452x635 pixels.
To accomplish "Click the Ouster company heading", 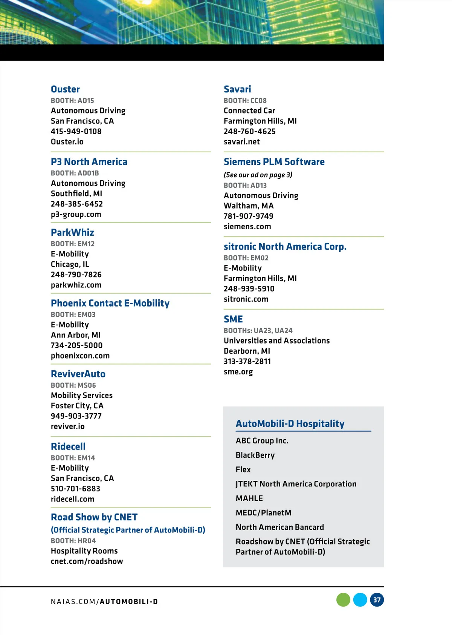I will [x=65, y=89].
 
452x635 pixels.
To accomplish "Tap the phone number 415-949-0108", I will [x=76, y=131].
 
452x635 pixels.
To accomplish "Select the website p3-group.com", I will [x=76, y=214].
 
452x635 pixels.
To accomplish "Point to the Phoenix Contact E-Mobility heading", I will [x=110, y=303].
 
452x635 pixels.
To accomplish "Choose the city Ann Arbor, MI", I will [x=76, y=335].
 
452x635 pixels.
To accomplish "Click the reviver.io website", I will [x=68, y=426].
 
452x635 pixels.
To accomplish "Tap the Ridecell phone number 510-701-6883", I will [x=75, y=489].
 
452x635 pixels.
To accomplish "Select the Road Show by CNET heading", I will [x=94, y=517].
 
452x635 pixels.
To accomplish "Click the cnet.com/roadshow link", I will [x=87, y=561].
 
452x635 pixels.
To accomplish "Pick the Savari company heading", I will [x=237, y=89].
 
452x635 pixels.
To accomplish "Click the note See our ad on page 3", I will [x=258, y=175].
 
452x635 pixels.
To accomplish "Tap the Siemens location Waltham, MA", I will [x=249, y=206].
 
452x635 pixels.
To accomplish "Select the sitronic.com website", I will [x=246, y=299].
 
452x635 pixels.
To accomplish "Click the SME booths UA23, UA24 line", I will [x=258, y=330].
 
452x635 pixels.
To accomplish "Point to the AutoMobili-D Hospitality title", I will [x=290, y=424].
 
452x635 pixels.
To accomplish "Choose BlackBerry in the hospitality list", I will [x=255, y=455].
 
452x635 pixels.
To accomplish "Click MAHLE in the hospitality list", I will [x=249, y=498].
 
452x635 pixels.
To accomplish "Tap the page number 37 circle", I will [x=377, y=600].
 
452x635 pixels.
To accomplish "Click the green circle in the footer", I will [x=343, y=600].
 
